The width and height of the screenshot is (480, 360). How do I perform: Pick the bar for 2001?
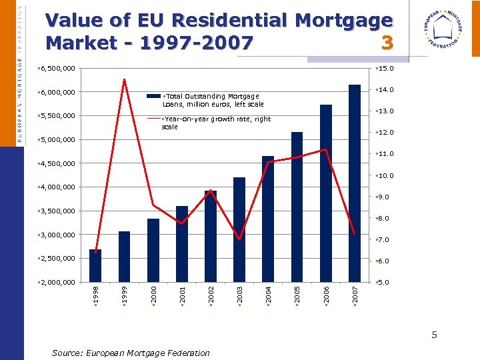coord(182,244)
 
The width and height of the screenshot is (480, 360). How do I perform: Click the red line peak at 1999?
coord(124,80)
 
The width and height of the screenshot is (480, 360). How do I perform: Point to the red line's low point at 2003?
coord(239,239)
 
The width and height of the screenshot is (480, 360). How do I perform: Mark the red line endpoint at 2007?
coord(355,234)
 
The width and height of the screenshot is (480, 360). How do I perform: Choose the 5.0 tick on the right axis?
coord(385,283)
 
